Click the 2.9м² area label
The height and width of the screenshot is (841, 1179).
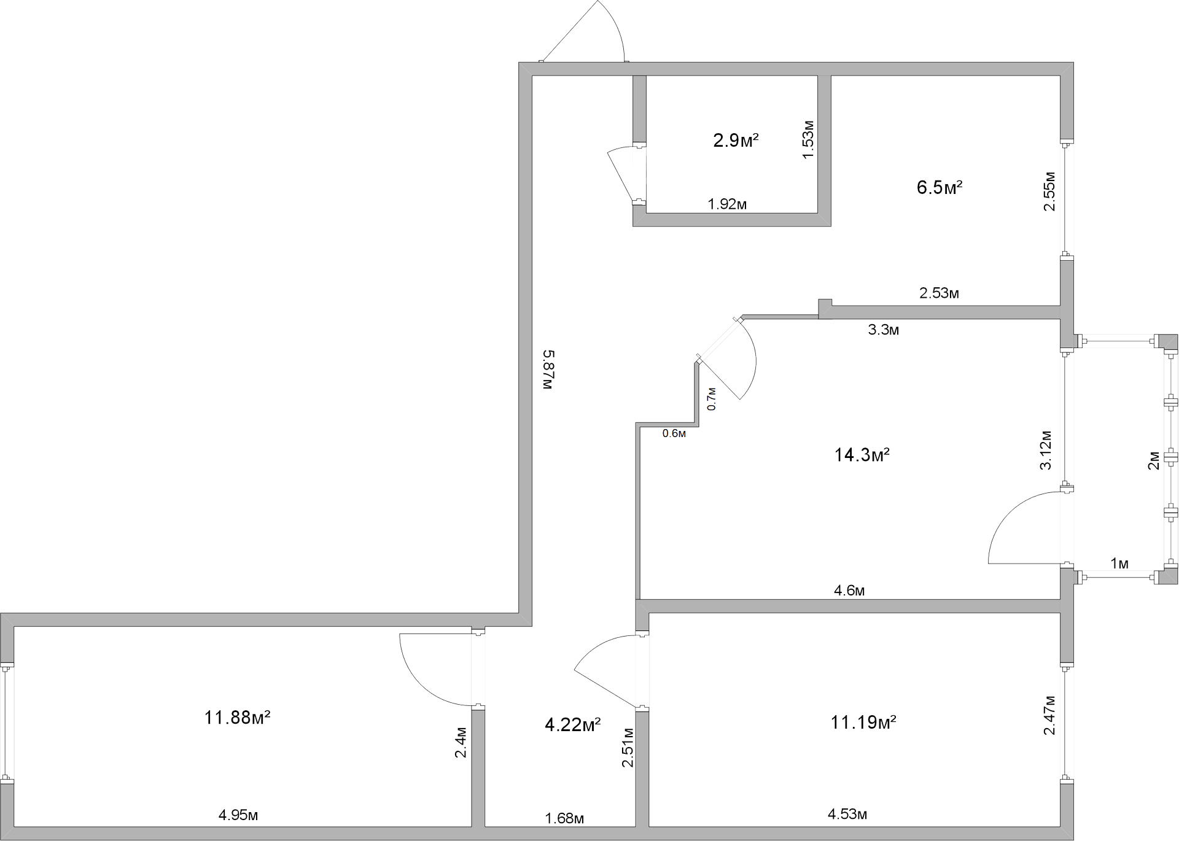click(736, 141)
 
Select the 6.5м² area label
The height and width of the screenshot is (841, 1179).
click(939, 187)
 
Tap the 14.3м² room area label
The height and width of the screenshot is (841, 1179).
click(862, 455)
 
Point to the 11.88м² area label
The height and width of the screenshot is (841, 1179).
click(237, 717)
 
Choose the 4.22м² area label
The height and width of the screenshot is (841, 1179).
click(572, 725)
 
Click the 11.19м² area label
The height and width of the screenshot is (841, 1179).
click(863, 723)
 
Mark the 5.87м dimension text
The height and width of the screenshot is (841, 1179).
click(548, 370)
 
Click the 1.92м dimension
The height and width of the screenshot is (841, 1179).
click(727, 204)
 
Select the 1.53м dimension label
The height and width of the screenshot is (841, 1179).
click(808, 140)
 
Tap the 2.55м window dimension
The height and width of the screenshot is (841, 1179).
click(1049, 192)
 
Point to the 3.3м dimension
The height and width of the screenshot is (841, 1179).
click(883, 330)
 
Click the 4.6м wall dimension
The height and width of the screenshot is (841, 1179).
click(849, 591)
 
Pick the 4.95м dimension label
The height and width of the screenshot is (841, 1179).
click(238, 815)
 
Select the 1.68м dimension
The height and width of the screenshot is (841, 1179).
click(564, 818)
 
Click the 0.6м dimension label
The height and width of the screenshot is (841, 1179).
click(674, 433)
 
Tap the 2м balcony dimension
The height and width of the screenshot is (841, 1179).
click(1154, 460)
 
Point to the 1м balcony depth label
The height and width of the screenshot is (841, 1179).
click(1119, 564)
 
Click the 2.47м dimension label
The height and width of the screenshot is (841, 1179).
click(1049, 715)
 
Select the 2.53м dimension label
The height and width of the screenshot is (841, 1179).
click(938, 293)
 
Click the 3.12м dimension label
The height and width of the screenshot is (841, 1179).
click(1045, 450)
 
